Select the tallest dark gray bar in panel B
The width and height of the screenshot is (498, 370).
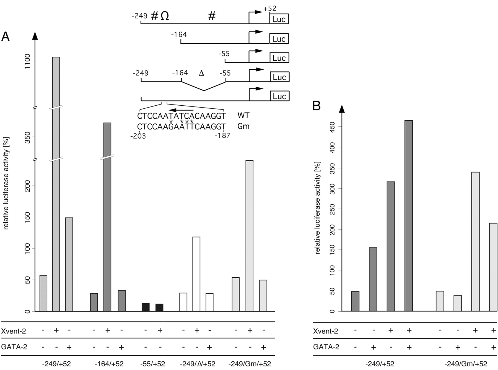(408, 216)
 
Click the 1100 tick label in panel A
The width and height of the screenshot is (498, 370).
(27, 61)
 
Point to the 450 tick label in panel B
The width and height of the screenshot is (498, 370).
(332, 127)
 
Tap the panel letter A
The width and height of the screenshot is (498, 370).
(6, 37)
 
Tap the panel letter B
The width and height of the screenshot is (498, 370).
(317, 106)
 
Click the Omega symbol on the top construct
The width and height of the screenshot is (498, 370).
(165, 16)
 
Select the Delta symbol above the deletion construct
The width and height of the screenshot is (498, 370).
(201, 73)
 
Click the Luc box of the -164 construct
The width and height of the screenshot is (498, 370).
(279, 39)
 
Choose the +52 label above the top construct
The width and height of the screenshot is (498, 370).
(270, 9)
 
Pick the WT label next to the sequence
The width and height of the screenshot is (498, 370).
(243, 115)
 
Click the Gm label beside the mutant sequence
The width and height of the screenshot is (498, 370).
(243, 126)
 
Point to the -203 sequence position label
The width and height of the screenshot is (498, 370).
(138, 136)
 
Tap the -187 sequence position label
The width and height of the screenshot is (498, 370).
(222, 136)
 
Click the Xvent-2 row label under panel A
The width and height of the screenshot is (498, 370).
(14, 331)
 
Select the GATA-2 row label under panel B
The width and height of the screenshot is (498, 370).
(326, 347)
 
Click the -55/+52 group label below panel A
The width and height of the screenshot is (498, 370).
(153, 364)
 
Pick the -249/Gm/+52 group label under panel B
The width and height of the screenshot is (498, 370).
(466, 364)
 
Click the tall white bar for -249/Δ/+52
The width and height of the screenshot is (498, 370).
(196, 274)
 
